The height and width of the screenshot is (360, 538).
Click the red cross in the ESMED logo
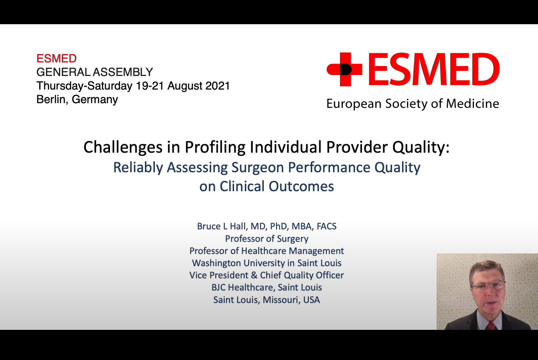pyautogui.click(x=345, y=70)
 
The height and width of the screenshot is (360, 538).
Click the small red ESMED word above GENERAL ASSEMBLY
pyautogui.click(x=56, y=59)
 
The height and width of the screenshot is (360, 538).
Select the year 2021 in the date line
pyautogui.click(x=218, y=86)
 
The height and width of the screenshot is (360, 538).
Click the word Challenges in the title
pyautogui.click(x=123, y=147)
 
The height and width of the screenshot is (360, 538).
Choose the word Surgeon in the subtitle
pyautogui.click(x=258, y=168)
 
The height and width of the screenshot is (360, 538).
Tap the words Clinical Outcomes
pyautogui.click(x=277, y=186)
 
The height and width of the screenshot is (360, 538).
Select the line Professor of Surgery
pyautogui.click(x=266, y=239)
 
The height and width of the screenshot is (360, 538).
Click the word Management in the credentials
pyautogui.click(x=316, y=251)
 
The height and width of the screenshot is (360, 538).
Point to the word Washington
pyautogui.click(x=216, y=263)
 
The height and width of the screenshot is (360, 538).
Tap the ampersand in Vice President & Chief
pyautogui.click(x=254, y=275)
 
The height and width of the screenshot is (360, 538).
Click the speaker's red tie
pyautogui.click(x=491, y=326)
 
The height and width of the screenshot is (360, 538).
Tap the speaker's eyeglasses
pyautogui.click(x=489, y=286)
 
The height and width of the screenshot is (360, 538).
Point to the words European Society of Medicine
pyautogui.click(x=413, y=104)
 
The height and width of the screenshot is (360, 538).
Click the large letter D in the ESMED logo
pyautogui.click(x=485, y=69)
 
